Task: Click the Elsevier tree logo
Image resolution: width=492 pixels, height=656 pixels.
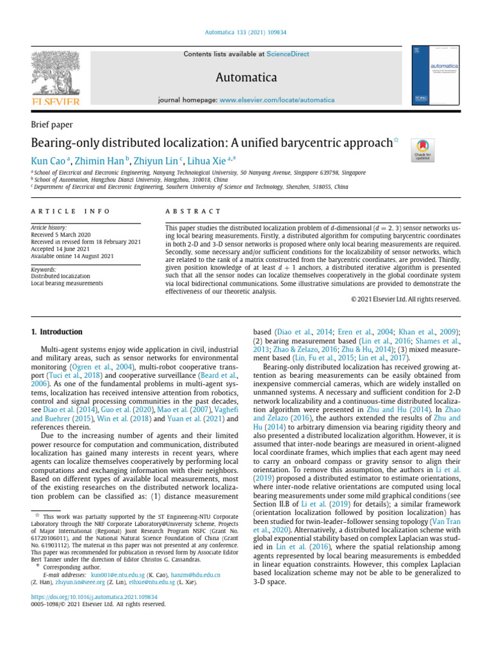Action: (x=55, y=76)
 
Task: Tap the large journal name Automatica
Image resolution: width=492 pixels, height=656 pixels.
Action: (x=246, y=78)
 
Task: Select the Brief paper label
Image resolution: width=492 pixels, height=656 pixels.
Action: (x=52, y=125)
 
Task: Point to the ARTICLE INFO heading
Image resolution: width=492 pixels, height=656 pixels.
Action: (x=70, y=211)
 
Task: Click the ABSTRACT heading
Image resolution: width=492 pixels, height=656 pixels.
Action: (x=193, y=211)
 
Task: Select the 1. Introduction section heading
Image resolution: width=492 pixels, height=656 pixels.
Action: (x=57, y=332)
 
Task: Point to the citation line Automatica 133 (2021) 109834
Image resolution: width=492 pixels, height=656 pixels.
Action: (x=246, y=31)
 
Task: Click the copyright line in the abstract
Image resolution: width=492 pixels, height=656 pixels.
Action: (x=406, y=299)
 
